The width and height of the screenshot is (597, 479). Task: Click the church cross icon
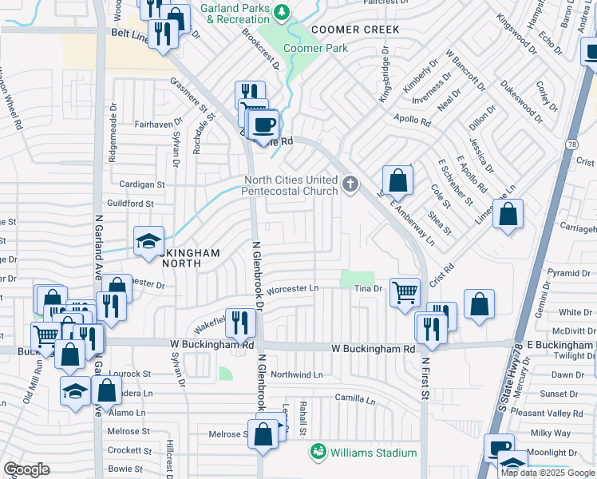(350, 185)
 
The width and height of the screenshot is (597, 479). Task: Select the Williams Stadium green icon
(318, 453)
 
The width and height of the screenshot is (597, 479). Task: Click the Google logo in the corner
(27, 469)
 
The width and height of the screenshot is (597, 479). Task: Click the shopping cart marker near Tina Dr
(405, 292)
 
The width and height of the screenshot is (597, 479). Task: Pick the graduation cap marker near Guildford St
(148, 242)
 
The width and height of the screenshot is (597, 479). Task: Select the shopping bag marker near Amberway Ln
(397, 181)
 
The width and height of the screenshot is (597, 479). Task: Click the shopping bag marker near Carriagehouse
(508, 214)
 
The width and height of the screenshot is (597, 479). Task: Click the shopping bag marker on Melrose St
(263, 434)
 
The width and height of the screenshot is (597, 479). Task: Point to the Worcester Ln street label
(292, 288)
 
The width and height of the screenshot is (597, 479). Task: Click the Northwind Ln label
(296, 374)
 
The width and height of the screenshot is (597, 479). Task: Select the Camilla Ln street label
(355, 398)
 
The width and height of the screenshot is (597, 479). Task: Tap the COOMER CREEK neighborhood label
(355, 29)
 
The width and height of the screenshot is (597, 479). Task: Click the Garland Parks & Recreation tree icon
(281, 12)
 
